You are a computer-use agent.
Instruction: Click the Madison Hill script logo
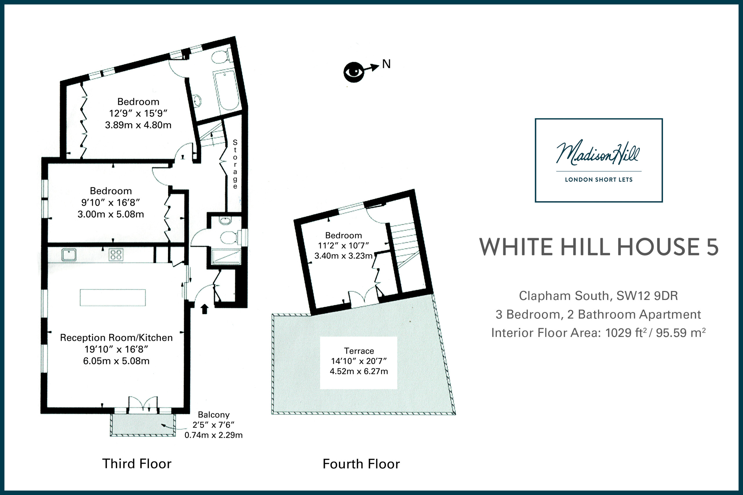tap(598, 154)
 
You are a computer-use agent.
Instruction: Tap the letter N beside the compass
tap(386, 64)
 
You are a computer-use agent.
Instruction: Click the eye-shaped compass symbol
tap(354, 72)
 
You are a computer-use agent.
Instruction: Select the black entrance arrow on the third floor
tap(205, 309)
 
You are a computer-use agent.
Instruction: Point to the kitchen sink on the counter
tap(68, 254)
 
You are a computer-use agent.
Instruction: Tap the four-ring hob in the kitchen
tap(116, 254)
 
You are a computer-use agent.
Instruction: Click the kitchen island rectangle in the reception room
tap(113, 297)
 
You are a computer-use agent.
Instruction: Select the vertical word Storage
tap(235, 164)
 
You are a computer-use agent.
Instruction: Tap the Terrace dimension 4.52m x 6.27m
tap(359, 371)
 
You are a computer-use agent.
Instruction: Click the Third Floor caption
tap(137, 464)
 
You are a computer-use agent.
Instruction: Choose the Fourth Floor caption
tap(361, 464)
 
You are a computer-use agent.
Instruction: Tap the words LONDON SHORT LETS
tap(599, 180)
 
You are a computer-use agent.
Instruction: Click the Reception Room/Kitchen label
tap(116, 338)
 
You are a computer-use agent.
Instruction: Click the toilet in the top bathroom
tap(222, 57)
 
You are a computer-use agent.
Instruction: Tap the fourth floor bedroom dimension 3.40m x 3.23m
tap(343, 256)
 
